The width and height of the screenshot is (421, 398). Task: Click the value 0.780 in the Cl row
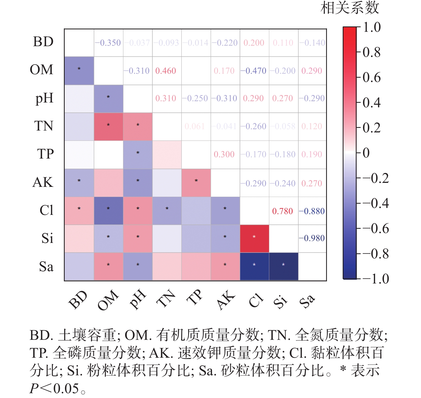tap(283, 211)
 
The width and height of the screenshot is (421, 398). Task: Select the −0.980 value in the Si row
tap(312, 238)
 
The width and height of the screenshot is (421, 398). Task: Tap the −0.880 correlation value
tap(312, 211)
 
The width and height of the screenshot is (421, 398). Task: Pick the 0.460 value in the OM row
tap(166, 71)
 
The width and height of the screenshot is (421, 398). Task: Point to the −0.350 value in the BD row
tap(108, 43)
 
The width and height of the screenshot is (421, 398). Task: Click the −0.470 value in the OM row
tap(253, 71)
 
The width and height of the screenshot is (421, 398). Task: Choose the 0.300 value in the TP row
tap(224, 154)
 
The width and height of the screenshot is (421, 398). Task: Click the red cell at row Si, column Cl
tap(254, 239)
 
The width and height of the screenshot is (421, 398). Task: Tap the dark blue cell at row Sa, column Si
tap(284, 266)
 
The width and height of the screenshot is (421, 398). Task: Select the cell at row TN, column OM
tap(109, 127)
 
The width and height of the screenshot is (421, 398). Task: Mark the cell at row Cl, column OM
tap(109, 211)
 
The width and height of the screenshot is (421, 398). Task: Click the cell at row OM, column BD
tap(79, 71)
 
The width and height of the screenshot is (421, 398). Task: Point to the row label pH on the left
tap(44, 98)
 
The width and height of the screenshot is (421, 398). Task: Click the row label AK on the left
tap(43, 182)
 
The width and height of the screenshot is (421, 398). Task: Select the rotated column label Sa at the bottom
tap(307, 301)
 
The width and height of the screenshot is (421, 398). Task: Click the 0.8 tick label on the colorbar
tap(372, 52)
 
